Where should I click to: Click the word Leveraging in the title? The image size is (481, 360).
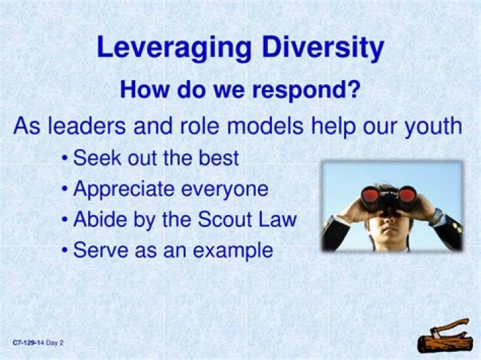pyautogui.click(x=173, y=48)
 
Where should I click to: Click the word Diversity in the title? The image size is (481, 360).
pyautogui.click(x=323, y=48)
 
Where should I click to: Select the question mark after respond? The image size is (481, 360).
pyautogui.click(x=354, y=89)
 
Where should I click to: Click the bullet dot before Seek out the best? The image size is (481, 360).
pyautogui.click(x=63, y=160)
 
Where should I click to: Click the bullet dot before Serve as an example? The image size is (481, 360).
pyautogui.click(x=63, y=251)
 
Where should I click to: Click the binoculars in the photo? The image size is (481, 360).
pyautogui.click(x=388, y=196)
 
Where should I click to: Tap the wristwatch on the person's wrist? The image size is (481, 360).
pyautogui.click(x=437, y=215)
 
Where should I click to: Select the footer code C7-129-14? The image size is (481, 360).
pyautogui.click(x=28, y=343)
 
